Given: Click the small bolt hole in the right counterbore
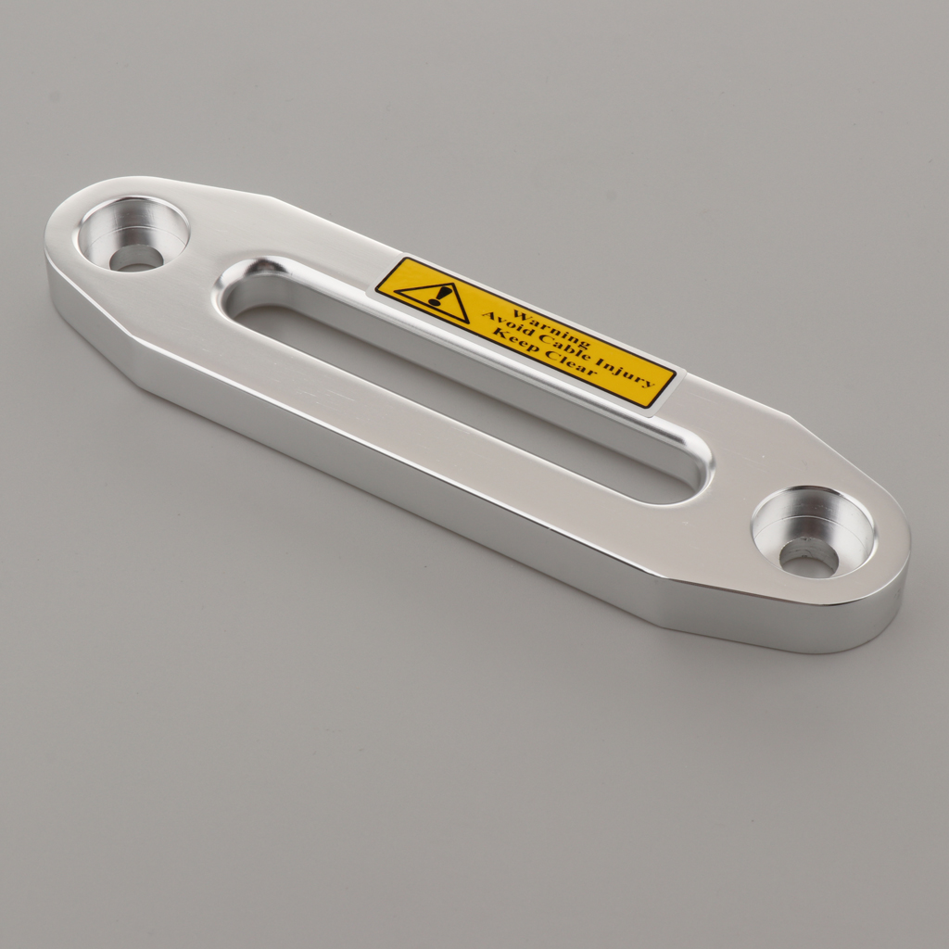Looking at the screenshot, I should pos(808,557).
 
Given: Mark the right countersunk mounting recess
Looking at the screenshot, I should pos(813,530).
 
